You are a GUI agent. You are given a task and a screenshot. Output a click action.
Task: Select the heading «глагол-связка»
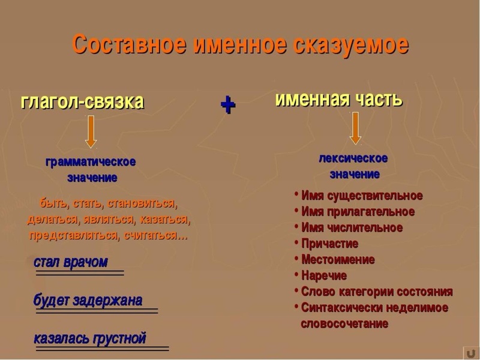coord(82,101)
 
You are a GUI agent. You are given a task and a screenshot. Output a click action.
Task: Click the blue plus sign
coord(228,105)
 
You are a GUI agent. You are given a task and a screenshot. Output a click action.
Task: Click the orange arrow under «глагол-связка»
coord(91,131)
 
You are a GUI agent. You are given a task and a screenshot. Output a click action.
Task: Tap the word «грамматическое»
coord(91,162)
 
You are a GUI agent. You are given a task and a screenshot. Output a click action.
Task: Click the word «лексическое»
coord(353,158)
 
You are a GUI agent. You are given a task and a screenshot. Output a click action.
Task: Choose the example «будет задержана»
coord(88,300)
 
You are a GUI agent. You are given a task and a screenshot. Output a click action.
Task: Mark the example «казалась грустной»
coord(90,338)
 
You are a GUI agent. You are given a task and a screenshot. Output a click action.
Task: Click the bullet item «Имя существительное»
coord(362,196)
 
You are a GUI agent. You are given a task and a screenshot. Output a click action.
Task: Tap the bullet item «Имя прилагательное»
coord(358,212)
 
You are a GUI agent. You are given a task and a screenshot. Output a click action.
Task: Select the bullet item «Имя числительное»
coord(352,228)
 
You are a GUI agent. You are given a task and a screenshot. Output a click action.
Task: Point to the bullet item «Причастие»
coord(329,244)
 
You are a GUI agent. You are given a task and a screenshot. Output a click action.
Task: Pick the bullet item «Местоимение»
coord(338,260)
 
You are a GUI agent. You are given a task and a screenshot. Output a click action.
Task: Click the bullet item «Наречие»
coord(324,276)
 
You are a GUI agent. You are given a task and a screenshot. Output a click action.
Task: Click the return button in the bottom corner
coord(469,352)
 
